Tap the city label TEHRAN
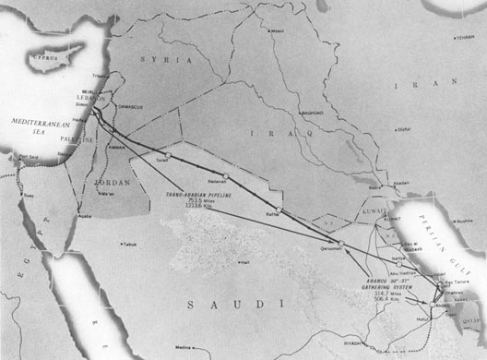tap(465, 38)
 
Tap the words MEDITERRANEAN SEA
tap(36, 126)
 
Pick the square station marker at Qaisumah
tap(341, 244)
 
